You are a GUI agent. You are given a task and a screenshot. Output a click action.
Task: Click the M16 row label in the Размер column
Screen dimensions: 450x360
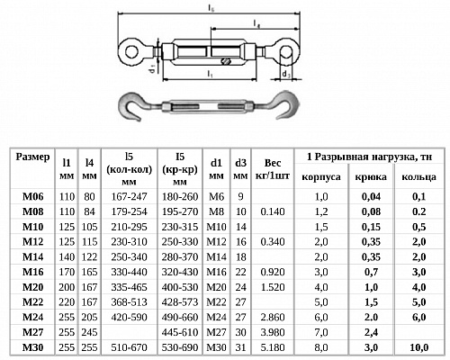click(32, 272)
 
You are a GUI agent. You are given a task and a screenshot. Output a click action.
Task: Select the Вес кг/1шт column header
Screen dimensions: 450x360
click(273, 169)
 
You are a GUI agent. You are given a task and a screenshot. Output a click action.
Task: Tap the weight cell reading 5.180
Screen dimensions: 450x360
click(273, 347)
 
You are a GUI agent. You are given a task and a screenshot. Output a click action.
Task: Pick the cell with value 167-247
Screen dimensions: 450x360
click(129, 197)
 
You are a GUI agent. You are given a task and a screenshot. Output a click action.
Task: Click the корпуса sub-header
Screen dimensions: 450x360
click(321, 176)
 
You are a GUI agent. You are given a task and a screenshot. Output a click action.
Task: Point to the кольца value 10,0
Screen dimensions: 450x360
click(418, 347)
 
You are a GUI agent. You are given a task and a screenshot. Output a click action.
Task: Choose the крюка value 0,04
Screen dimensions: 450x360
click(371, 197)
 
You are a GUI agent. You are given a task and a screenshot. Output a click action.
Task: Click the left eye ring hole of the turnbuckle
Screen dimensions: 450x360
click(131, 51)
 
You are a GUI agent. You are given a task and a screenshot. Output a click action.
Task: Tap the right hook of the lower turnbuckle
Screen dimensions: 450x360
click(286, 105)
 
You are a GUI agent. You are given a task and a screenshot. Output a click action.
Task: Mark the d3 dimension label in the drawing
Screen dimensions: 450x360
click(286, 74)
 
